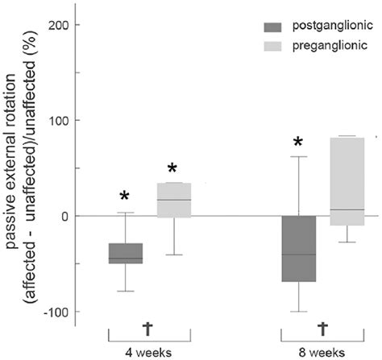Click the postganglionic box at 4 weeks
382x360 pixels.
pos(126,253)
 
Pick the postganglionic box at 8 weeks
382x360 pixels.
pos(298,249)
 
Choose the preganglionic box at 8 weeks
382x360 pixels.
pos(347,181)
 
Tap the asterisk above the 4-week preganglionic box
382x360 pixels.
pos(173,169)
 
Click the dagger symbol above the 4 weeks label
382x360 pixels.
pos(147,328)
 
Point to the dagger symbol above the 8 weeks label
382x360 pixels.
pos(322,328)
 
